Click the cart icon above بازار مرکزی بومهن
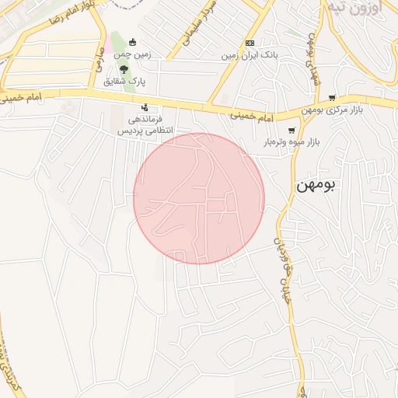(333, 98)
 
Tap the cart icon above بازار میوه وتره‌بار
(292, 131)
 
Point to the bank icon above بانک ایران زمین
(250, 44)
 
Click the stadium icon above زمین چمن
(133, 42)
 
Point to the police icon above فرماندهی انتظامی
(145, 108)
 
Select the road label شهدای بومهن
(315, 59)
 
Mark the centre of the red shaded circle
(199, 198)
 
